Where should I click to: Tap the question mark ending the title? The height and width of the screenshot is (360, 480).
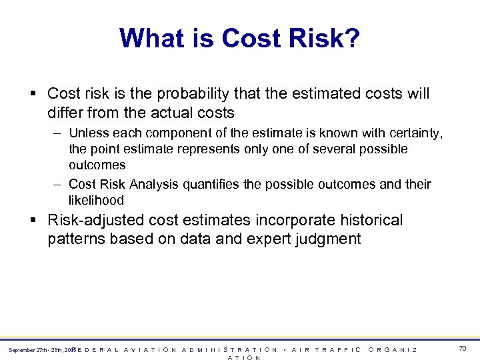[x=352, y=38]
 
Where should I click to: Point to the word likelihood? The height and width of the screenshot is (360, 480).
[x=96, y=200]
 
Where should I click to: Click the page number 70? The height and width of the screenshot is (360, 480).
[x=462, y=348]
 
